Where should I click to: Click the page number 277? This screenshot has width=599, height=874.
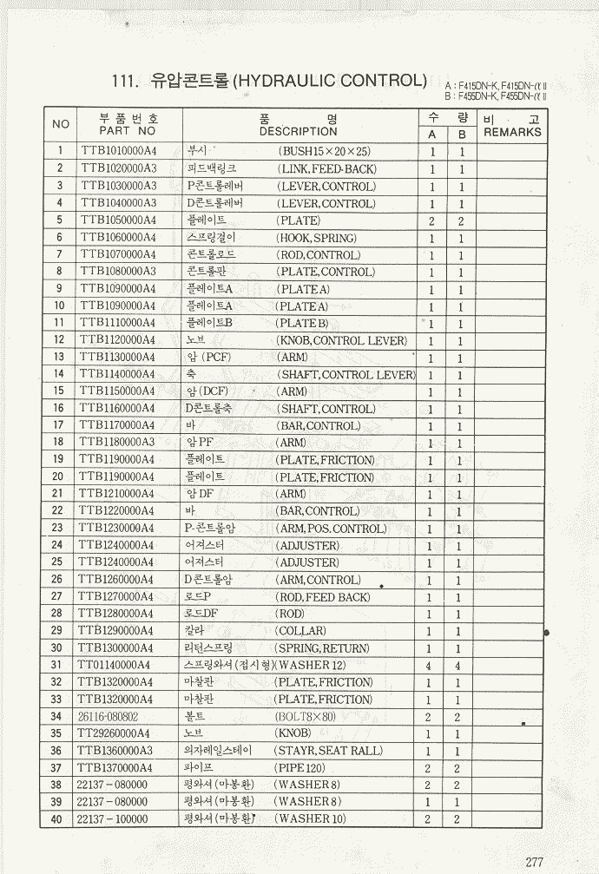tap(534, 862)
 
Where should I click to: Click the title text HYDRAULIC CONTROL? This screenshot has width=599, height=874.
tap(330, 81)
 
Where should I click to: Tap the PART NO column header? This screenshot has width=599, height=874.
tap(128, 131)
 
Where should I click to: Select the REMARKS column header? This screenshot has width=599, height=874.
tap(512, 133)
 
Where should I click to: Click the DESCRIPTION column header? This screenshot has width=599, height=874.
tap(298, 132)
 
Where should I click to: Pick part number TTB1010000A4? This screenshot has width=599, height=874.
tap(119, 151)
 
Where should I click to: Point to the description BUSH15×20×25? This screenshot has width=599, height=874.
tap(323, 151)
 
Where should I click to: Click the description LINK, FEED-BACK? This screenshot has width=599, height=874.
tap(326, 169)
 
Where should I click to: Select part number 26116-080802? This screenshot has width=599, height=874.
tap(107, 717)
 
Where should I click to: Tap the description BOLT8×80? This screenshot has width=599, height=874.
tap(306, 717)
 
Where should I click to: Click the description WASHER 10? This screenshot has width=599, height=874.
tap(310, 819)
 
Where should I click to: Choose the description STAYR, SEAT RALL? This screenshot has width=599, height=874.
tap(328, 751)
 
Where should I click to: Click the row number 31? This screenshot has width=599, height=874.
tap(57, 665)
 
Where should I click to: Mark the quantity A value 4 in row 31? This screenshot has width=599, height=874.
tap(429, 666)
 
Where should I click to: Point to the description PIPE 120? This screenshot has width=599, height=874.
tap(301, 768)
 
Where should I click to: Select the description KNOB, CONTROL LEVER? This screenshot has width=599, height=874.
tap(341, 340)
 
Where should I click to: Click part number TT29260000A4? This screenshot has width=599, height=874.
tap(114, 733)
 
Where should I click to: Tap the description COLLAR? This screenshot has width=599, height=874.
tap(300, 631)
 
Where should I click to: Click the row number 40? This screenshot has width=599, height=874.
tap(57, 819)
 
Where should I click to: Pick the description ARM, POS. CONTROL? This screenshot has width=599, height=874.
tap(331, 529)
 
